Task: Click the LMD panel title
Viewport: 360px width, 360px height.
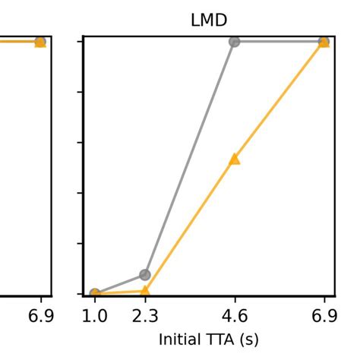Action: (x=209, y=21)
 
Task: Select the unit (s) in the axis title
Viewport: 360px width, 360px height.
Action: (x=248, y=339)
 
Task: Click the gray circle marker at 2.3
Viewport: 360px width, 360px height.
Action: (x=145, y=274)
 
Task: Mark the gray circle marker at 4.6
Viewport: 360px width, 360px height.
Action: (x=235, y=42)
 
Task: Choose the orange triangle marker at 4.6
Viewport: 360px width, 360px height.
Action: (x=235, y=159)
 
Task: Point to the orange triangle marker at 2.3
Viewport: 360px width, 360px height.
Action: (x=145, y=290)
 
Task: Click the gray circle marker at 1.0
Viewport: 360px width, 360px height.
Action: (x=95, y=293)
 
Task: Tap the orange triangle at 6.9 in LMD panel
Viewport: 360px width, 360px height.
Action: (x=324, y=42)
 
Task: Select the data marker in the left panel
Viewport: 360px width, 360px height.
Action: (x=40, y=42)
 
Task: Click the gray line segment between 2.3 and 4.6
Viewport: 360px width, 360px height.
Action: (x=190, y=158)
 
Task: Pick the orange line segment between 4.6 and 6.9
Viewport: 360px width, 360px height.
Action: (x=279, y=100)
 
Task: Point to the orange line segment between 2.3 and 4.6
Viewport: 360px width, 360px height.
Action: (x=190, y=225)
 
